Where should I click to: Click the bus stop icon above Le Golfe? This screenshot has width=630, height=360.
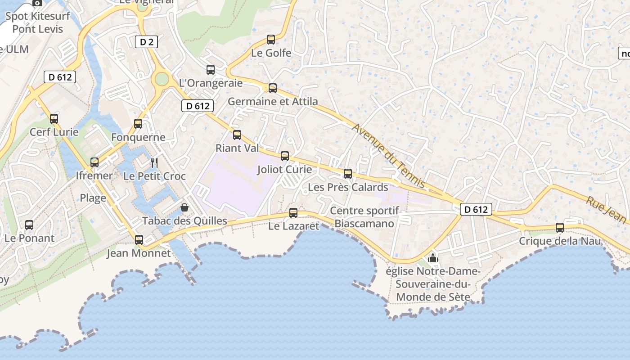[x=271, y=40]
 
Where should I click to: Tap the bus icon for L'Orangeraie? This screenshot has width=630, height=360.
[x=211, y=70]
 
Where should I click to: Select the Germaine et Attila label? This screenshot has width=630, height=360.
[x=273, y=101]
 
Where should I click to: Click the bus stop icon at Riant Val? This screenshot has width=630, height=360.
[x=237, y=135]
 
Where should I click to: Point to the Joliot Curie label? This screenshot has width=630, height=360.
[x=284, y=169]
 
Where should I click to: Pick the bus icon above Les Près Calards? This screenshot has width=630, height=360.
[x=348, y=174]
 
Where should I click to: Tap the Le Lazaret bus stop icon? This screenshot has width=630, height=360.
[x=293, y=213]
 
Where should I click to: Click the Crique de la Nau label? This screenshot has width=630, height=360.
[x=560, y=241]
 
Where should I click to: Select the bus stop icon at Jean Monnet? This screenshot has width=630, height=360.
[x=139, y=240]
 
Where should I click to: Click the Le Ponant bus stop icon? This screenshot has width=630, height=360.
[x=29, y=225]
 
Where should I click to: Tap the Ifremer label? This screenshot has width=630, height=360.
[x=94, y=175]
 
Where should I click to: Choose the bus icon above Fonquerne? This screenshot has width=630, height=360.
[x=138, y=124]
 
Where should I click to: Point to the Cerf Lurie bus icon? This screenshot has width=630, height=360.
[x=54, y=119]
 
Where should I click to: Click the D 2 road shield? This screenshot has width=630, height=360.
[x=146, y=42]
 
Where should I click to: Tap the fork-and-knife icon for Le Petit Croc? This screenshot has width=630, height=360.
[x=154, y=162]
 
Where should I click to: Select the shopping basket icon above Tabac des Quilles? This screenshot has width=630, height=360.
[x=184, y=207]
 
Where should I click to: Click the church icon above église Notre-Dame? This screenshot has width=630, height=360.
[x=433, y=258]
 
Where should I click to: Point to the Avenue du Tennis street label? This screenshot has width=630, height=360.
[x=388, y=155]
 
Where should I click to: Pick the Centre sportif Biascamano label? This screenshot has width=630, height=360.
[x=364, y=217]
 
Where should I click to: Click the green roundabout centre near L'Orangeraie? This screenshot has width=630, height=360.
[x=162, y=80]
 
